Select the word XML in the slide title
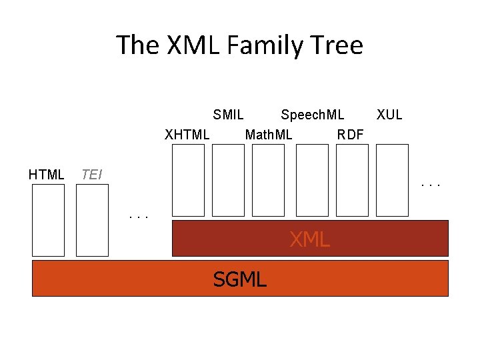[x=188, y=45]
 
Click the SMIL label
[x=228, y=115]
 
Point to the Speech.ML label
[x=313, y=115]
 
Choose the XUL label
[x=389, y=115]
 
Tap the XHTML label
[x=187, y=135]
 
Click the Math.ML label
[x=269, y=135]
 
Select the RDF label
[x=351, y=135]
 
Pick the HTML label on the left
[x=47, y=175]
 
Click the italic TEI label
[x=91, y=175]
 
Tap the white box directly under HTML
[x=49, y=220]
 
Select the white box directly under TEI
[x=92, y=220]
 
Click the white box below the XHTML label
[x=188, y=180]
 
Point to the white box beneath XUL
[x=392, y=180]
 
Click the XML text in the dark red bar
[x=309, y=239]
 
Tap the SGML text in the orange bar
[x=239, y=279]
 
